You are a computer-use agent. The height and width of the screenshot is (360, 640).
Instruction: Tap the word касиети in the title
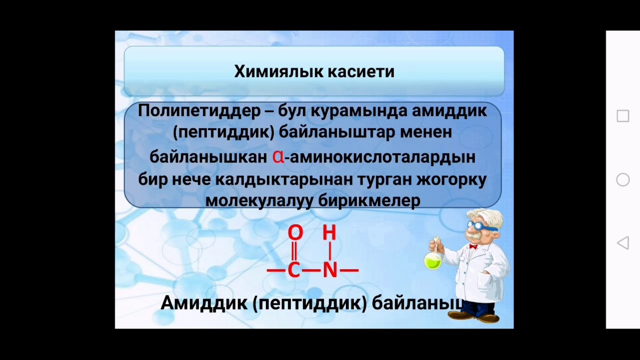[x=360, y=71]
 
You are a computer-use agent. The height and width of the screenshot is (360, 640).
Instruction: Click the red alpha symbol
[x=278, y=156]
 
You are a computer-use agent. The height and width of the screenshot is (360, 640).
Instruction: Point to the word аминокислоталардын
[x=382, y=157]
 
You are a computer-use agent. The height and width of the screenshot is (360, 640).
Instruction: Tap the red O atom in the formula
[x=295, y=232]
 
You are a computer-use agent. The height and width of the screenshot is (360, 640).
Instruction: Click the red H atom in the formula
[x=329, y=232]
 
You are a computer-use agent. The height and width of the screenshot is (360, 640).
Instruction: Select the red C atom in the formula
[x=293, y=270]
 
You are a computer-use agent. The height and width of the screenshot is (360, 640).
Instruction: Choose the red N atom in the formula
[x=330, y=270]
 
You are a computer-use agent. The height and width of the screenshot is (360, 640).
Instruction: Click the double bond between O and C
[x=294, y=251]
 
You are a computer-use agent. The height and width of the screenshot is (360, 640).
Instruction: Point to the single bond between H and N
[x=329, y=251]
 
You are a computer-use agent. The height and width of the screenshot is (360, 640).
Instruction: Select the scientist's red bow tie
[x=472, y=246]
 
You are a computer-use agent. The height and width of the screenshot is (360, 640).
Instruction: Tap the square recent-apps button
[x=622, y=116]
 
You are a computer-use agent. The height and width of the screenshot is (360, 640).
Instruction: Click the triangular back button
[x=622, y=243]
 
